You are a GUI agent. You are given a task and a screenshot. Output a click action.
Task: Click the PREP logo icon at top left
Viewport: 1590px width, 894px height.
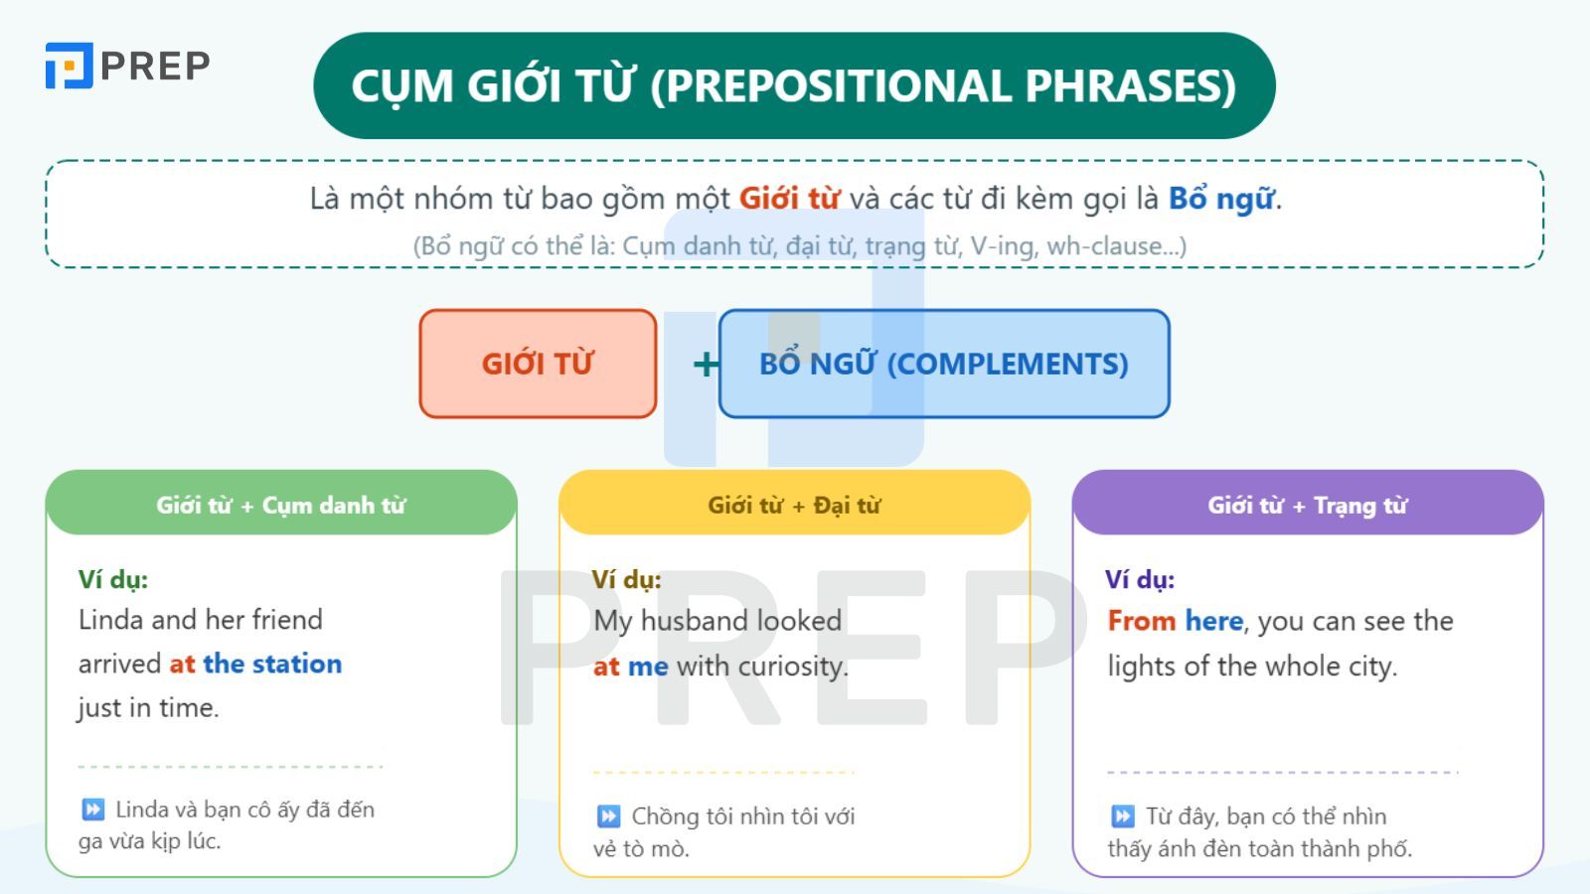pyautogui.click(x=69, y=66)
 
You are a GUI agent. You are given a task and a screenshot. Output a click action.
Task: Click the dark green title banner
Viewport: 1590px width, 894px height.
pyautogui.click(x=793, y=85)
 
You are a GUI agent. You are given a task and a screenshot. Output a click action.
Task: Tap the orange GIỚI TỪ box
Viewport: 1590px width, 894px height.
pyautogui.click(x=538, y=364)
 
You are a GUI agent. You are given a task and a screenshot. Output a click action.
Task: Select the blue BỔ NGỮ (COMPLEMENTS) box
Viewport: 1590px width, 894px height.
pyautogui.click(x=943, y=364)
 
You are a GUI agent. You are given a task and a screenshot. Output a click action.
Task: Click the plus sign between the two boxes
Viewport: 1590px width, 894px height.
pyautogui.click(x=706, y=365)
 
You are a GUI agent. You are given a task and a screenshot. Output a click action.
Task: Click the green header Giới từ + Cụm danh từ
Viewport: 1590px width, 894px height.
pyautogui.click(x=281, y=505)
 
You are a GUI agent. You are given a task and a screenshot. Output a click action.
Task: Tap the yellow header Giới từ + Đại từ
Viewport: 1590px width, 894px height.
pyautogui.click(x=794, y=505)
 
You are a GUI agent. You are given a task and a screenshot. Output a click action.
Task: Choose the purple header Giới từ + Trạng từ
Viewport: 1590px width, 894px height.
pyautogui.click(x=1308, y=505)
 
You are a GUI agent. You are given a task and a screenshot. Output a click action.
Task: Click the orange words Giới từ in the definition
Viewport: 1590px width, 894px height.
pyautogui.click(x=789, y=199)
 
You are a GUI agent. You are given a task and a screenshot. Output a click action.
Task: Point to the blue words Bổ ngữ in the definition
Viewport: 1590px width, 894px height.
pyautogui.click(x=1221, y=199)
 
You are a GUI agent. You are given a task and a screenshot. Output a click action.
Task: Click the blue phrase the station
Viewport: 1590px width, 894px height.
pyautogui.click(x=272, y=664)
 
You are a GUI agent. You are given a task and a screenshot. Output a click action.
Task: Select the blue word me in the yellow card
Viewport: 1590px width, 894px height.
pyautogui.click(x=648, y=667)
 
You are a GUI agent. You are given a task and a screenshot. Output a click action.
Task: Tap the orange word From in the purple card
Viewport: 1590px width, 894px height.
pyautogui.click(x=1142, y=621)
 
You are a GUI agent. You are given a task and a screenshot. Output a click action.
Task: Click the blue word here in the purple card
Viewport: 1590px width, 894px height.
pyautogui.click(x=1213, y=621)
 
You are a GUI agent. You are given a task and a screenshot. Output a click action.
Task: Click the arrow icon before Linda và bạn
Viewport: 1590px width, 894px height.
pyautogui.click(x=92, y=810)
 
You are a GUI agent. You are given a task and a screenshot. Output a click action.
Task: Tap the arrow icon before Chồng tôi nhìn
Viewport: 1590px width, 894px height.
pyautogui.click(x=608, y=817)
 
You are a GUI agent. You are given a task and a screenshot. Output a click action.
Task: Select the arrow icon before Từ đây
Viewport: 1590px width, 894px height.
pyautogui.click(x=1122, y=817)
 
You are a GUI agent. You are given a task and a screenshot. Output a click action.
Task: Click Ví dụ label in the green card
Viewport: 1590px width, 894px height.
pyautogui.click(x=113, y=579)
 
